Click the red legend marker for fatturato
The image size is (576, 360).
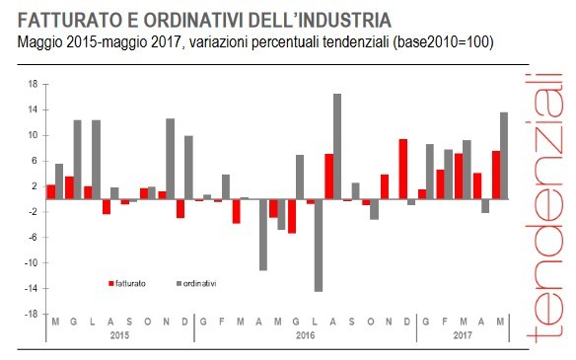[x=110, y=283]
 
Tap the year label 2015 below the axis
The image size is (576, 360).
[x=120, y=335]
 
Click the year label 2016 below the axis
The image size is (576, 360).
[x=306, y=335]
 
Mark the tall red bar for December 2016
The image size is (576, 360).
[x=402, y=169]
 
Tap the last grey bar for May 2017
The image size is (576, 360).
[x=504, y=155]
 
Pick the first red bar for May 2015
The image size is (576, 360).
[x=51, y=191]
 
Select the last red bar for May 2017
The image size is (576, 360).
[x=495, y=175]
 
